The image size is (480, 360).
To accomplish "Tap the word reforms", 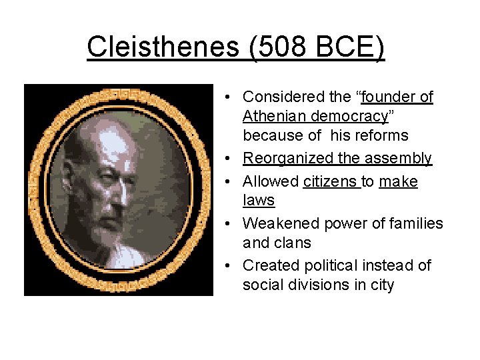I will pyautogui.click(x=381, y=136).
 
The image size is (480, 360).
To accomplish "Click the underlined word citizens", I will pyautogui.click(x=330, y=181).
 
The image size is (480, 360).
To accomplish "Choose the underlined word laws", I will pyautogui.click(x=259, y=201).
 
